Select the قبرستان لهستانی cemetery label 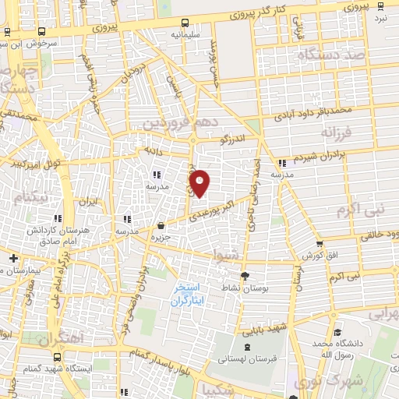tap(247, 358)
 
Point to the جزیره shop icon tap(161, 225)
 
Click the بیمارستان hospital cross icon tap(13, 258)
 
